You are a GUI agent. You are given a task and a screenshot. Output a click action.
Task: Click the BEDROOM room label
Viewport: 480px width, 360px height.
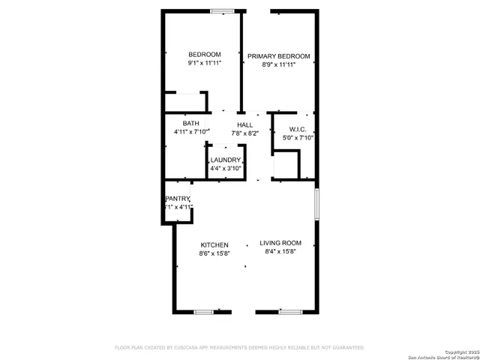(x=204, y=55)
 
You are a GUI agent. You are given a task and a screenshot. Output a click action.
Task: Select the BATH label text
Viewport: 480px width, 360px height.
(x=190, y=124)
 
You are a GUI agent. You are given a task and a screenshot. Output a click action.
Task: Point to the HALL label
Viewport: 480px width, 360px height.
(x=245, y=124)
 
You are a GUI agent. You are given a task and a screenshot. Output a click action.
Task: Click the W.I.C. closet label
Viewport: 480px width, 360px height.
(x=288, y=129)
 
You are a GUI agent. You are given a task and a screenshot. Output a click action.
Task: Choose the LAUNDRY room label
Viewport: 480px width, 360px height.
(x=226, y=160)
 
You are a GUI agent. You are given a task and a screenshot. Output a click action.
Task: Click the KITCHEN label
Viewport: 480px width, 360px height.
(x=214, y=245)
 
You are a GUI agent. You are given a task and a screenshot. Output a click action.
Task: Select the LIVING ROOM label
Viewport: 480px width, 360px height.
(x=280, y=243)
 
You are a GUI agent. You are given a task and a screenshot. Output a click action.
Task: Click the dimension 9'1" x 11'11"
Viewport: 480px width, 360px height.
(x=204, y=64)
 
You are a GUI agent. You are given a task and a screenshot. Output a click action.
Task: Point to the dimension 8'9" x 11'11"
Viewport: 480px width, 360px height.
(x=279, y=65)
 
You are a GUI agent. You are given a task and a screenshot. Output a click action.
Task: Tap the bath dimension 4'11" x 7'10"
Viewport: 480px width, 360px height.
(x=191, y=133)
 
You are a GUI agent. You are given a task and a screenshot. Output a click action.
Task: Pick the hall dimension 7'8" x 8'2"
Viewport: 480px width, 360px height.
(x=245, y=133)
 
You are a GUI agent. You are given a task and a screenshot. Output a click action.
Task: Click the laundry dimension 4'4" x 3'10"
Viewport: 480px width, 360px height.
(x=226, y=169)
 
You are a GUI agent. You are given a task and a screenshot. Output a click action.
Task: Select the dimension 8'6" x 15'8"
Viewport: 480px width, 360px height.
(x=214, y=254)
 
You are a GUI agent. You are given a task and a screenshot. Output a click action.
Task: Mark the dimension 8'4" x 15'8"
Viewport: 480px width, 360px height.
(x=280, y=252)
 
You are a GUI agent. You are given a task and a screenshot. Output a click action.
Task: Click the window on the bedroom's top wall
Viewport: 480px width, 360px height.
(x=221, y=10)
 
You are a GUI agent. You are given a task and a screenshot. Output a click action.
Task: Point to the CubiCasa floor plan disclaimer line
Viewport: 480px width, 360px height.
(x=238, y=348)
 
